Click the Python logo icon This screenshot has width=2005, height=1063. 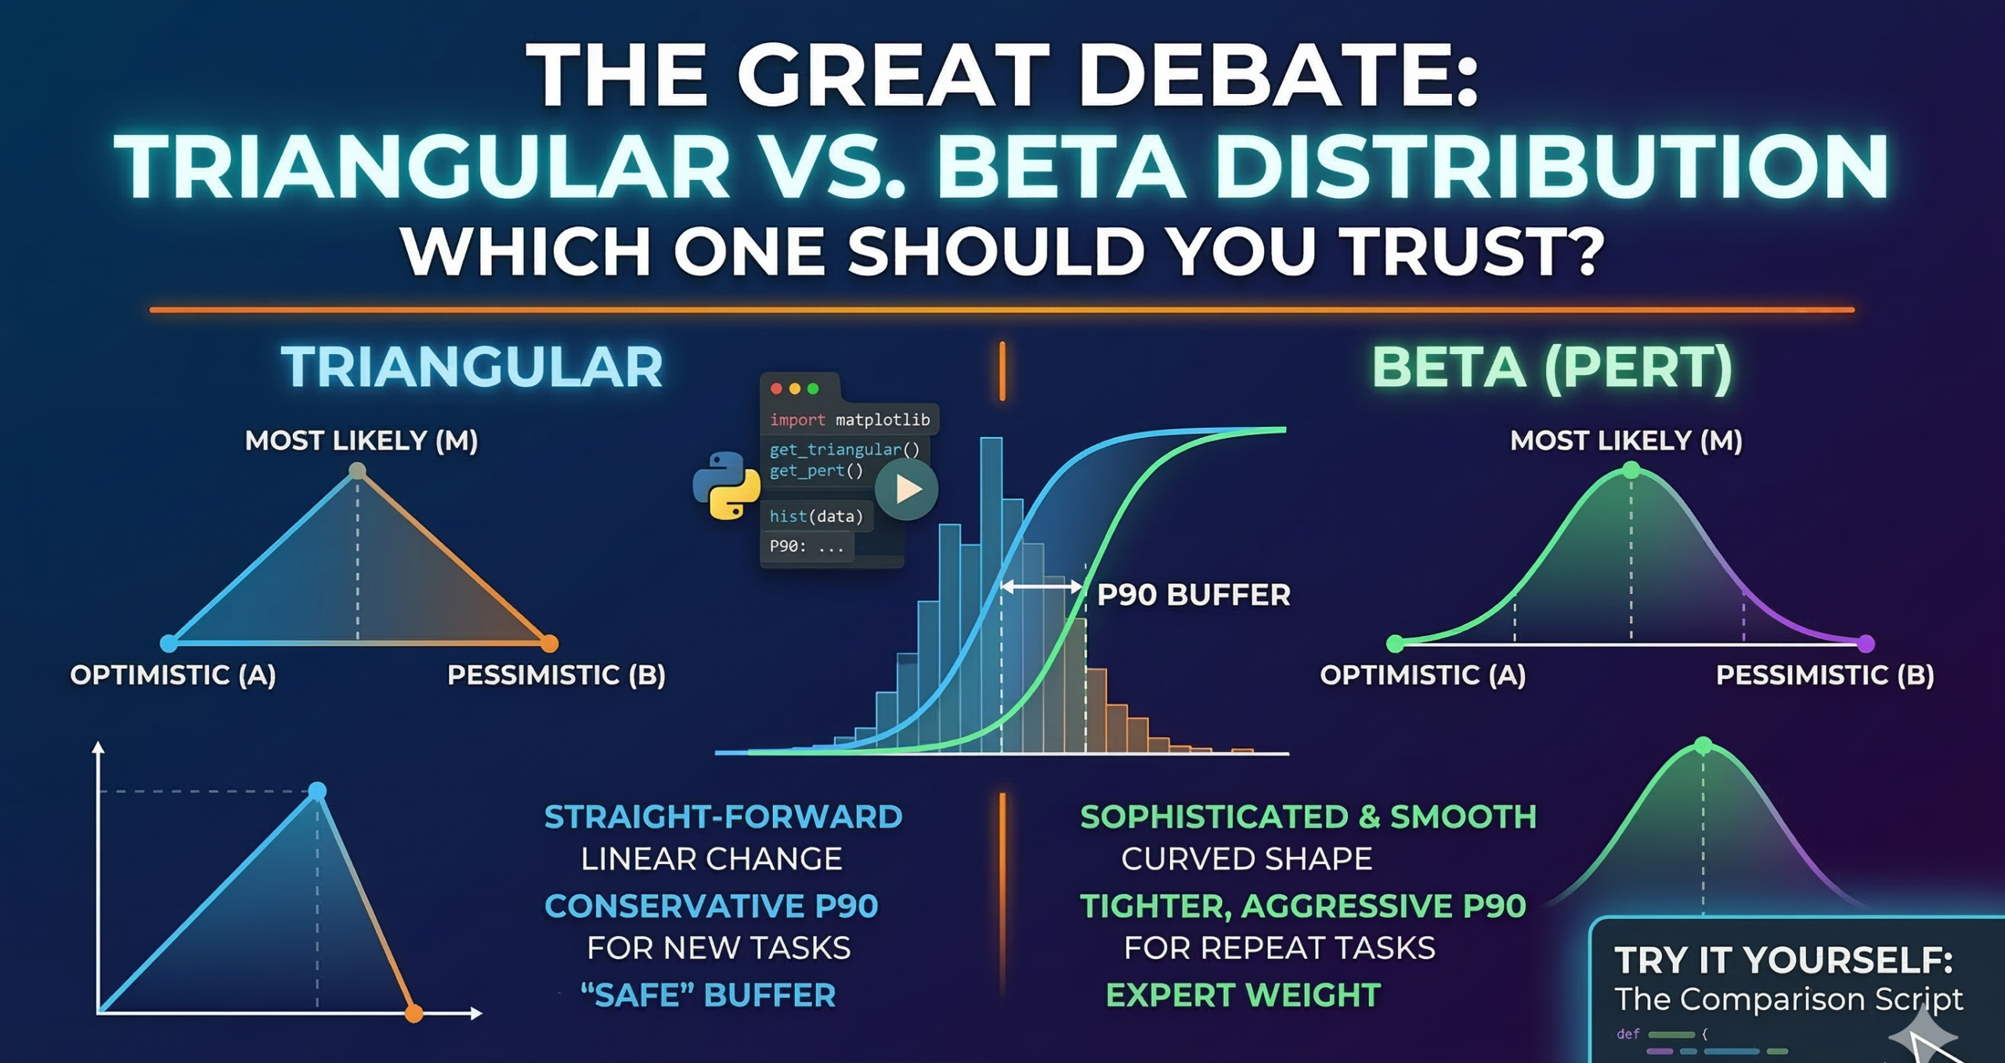[726, 486]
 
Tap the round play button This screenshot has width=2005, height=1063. [906, 490]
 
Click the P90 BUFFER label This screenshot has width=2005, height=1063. [1193, 595]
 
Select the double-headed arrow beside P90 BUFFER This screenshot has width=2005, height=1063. [1042, 586]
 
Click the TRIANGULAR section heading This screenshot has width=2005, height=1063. [472, 367]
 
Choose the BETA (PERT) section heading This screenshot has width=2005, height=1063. [1552, 367]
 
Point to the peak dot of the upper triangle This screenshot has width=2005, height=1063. [357, 471]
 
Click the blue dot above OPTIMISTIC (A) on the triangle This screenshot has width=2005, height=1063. [168, 644]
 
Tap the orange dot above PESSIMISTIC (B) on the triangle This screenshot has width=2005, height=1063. [550, 644]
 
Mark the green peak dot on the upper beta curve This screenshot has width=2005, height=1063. [1631, 470]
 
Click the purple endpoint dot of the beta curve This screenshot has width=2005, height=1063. [1866, 644]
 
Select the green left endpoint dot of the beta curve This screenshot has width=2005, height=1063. [1395, 644]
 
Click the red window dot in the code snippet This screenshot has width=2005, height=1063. [776, 389]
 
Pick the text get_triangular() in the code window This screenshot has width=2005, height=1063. [844, 450]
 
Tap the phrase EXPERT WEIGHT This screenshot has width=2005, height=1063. [1243, 995]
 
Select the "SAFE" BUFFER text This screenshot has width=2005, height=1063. [708, 995]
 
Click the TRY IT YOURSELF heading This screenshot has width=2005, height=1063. [1783, 960]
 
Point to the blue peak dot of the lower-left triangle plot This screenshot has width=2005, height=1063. [317, 791]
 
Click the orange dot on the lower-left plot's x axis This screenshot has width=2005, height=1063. [414, 1014]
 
